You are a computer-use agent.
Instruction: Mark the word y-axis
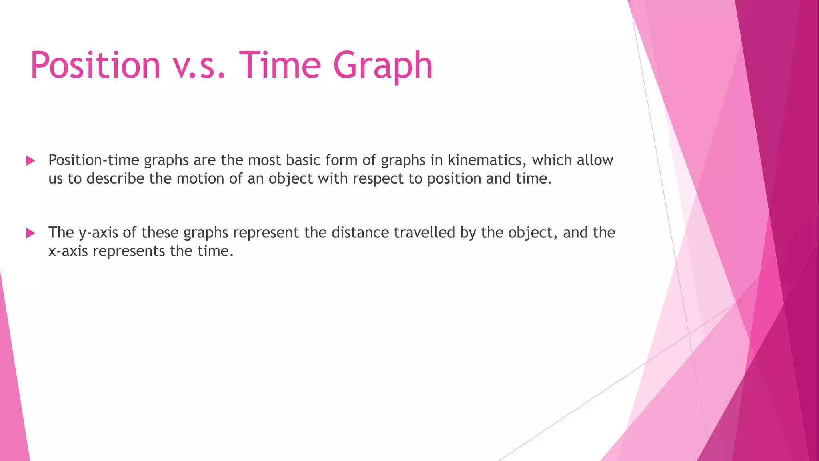[x=98, y=233]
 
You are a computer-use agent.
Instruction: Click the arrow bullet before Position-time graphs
[x=30, y=161]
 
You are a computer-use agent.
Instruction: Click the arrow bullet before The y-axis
[x=30, y=233]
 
